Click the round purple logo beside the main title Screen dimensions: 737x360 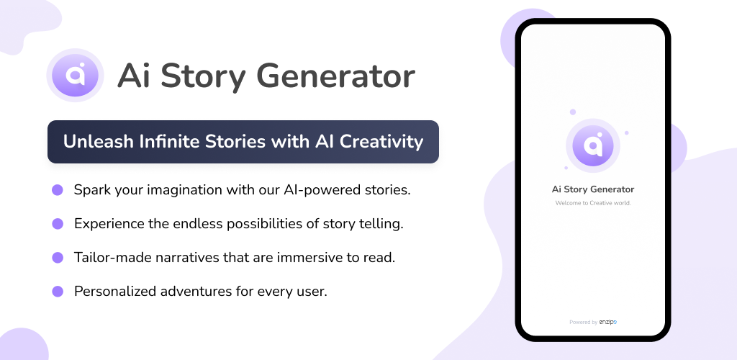click(75, 75)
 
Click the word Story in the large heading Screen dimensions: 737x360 click(203, 76)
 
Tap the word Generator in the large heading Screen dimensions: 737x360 click(336, 76)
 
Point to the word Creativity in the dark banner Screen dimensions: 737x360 click(381, 142)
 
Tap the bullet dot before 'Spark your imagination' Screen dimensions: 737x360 click(58, 190)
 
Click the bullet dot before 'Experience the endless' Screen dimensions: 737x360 click(58, 224)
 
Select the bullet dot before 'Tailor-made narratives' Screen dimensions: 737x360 click(58, 258)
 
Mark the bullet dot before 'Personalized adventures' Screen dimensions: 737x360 click(58, 292)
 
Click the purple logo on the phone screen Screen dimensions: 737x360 click(593, 145)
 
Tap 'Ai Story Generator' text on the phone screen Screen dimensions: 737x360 click(593, 189)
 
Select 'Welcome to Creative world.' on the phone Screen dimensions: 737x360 click(593, 203)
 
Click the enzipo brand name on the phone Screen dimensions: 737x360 click(607, 322)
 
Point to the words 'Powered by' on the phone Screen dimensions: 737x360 click(583, 323)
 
